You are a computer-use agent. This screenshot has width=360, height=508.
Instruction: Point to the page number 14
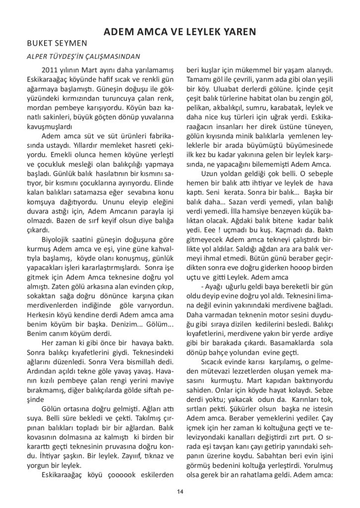pos(180,491)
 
